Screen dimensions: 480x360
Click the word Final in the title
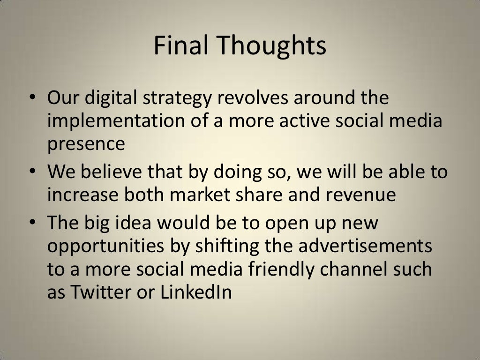[181, 45]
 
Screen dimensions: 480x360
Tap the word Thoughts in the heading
[272, 46]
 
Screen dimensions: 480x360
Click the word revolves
[253, 97]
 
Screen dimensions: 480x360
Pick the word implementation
[116, 120]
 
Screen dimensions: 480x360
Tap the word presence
[86, 144]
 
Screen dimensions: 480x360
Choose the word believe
[111, 171]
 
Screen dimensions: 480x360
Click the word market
[200, 195]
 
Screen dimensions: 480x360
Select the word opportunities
[105, 246]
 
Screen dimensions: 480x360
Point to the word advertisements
[365, 246]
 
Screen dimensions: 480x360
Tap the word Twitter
[101, 292]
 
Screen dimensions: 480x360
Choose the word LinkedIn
[196, 292]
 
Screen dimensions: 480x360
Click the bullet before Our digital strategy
[32, 97]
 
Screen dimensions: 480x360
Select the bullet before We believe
[32, 171]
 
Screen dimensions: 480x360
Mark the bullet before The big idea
[32, 222]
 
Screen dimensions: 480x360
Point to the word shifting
[227, 246]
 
